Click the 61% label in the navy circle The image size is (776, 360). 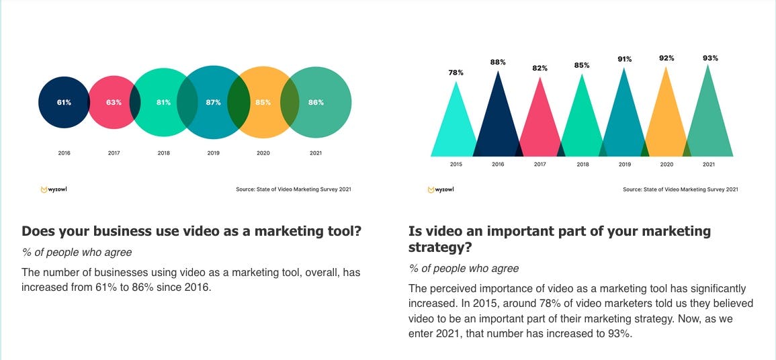[64, 103]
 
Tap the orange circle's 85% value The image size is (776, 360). [263, 103]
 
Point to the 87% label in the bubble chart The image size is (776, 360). [213, 103]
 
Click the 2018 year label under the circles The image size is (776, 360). [163, 153]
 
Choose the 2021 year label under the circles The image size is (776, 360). [315, 153]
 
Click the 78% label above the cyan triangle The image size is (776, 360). [456, 72]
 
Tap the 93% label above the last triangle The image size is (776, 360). [709, 58]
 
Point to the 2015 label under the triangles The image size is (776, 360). [456, 165]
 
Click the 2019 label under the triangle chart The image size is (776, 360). [625, 165]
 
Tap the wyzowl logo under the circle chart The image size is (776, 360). [54, 189]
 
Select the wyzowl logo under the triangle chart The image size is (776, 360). [441, 189]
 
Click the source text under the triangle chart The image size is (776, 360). [680, 189]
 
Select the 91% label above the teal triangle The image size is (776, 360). [625, 59]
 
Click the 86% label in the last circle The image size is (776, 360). [316, 103]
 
